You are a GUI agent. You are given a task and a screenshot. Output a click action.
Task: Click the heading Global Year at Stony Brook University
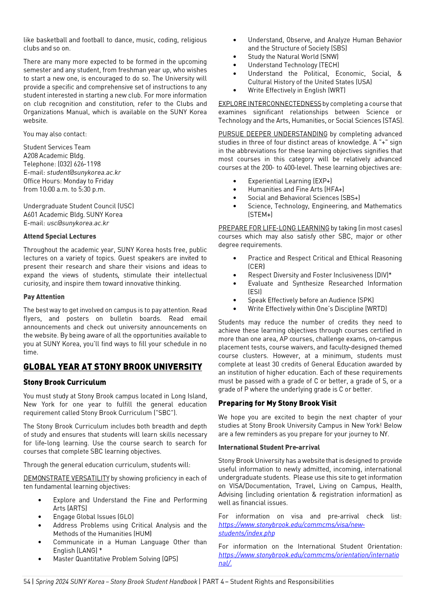click(113, 367)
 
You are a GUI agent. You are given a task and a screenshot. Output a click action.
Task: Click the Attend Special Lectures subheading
click(60, 236)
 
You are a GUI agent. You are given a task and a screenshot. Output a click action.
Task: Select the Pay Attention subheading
click(44, 297)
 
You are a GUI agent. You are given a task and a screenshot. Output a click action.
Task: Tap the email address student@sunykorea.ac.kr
click(84, 172)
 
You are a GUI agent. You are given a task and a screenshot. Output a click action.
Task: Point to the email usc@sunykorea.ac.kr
click(78, 223)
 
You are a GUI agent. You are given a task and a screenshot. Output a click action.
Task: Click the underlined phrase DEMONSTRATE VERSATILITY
click(66, 478)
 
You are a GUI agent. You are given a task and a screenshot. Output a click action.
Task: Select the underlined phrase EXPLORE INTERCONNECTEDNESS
click(270, 104)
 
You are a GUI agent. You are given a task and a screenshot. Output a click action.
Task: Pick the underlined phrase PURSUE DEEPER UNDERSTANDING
click(273, 134)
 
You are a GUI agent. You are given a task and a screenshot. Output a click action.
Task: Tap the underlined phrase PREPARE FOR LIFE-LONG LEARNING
click(274, 228)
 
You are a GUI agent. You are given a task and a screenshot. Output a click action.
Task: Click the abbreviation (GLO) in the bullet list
click(125, 517)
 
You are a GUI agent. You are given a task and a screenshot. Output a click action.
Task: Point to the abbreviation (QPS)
click(170, 559)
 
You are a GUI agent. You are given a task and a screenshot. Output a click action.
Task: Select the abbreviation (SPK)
click(366, 300)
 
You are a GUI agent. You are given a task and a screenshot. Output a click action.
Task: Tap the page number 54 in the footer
click(27, 582)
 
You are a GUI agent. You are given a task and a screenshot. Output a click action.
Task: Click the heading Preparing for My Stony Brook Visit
click(277, 404)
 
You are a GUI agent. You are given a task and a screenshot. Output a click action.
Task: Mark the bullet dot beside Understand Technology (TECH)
click(235, 65)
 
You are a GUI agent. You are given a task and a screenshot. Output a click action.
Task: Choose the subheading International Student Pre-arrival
click(269, 447)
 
